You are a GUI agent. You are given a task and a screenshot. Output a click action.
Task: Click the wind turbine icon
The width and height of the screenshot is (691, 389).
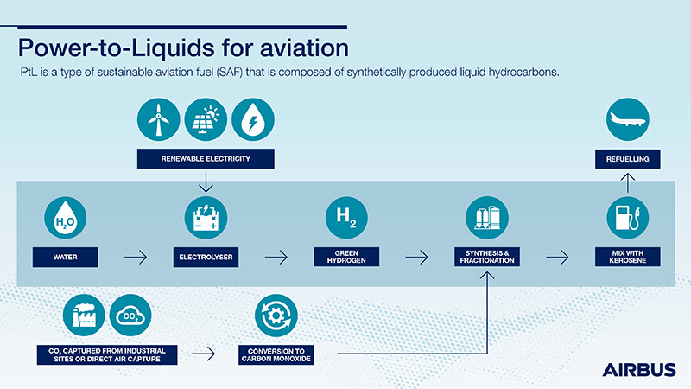click(x=158, y=121)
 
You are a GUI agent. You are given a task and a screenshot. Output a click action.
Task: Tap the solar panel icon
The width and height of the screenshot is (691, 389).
click(x=206, y=121)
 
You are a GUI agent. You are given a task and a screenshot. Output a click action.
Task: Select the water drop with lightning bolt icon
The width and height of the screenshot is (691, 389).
click(x=252, y=121)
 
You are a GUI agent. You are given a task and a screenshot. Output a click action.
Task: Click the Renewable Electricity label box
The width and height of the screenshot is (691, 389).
click(x=205, y=158)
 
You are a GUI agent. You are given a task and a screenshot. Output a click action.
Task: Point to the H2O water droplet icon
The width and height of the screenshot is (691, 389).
click(x=66, y=220)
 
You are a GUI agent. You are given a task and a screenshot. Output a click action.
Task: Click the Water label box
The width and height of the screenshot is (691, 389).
click(x=66, y=256)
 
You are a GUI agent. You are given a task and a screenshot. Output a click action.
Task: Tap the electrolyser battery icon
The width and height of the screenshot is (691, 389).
click(x=206, y=220)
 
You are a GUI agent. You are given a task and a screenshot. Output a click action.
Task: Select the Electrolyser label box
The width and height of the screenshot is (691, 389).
click(x=206, y=256)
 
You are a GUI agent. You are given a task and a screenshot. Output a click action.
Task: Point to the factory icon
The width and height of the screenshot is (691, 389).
click(x=84, y=316)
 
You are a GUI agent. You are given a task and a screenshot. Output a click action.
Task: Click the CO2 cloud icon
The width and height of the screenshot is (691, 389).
click(x=130, y=316)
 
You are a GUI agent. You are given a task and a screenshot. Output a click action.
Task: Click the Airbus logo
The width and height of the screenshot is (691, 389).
click(x=639, y=369)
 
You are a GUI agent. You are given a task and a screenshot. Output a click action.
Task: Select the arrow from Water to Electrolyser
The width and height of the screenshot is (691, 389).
click(x=136, y=256)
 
